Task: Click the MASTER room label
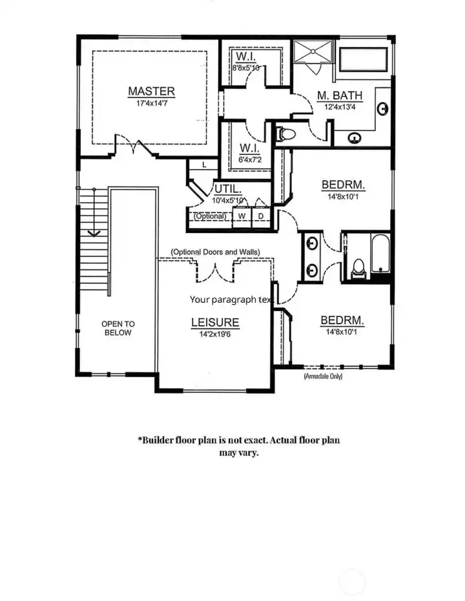150,91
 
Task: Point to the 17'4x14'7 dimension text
150,103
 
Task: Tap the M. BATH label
340,96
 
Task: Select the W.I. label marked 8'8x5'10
246,67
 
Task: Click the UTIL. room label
227,189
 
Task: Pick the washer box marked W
242,216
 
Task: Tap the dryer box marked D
261,216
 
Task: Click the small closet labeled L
203,165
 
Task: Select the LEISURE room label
215,322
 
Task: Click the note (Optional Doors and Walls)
215,251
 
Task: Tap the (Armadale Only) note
323,376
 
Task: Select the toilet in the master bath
285,134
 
